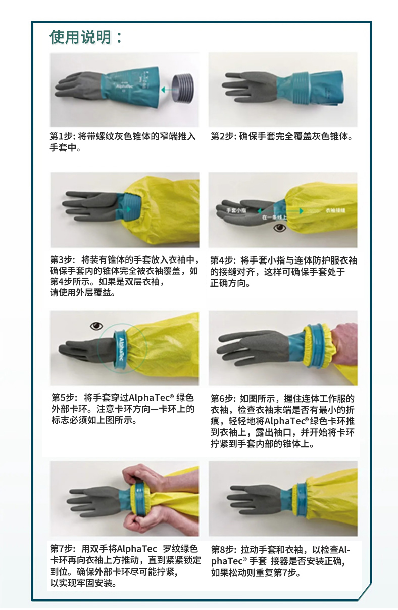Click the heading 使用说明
point(81,37)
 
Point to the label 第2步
point(222,136)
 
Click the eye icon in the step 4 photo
point(279,228)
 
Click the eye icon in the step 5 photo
point(96,326)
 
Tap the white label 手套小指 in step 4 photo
point(236,210)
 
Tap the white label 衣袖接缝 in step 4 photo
point(336,210)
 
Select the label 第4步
point(221,260)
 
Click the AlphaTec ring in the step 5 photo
point(120,350)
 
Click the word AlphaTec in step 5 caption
point(150,398)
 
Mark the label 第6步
point(222,399)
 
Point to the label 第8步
point(222,550)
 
